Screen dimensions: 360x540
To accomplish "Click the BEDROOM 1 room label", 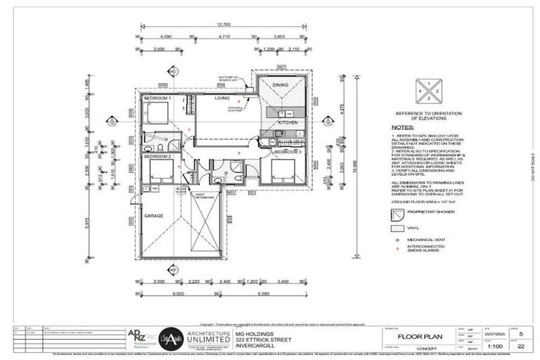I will pos(157,99).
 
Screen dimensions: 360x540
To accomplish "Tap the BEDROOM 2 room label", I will pos(157,157).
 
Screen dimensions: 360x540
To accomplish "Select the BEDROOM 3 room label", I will pos(287,152).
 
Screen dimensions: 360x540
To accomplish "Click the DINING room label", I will pos(281,85).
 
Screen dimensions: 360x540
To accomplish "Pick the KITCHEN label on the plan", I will pos(288,122).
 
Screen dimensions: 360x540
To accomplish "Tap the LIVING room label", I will pos(222,99).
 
